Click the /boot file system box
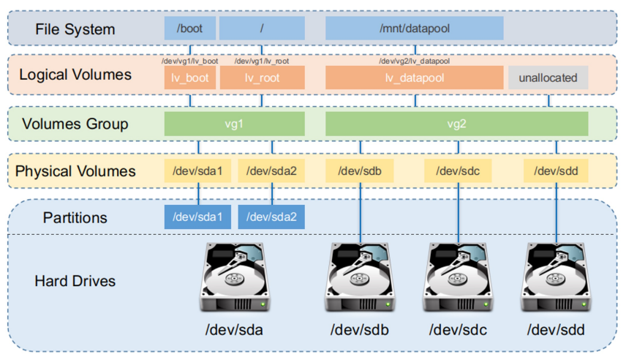click(x=190, y=29)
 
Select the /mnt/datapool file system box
click(x=414, y=29)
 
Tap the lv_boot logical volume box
click(x=190, y=78)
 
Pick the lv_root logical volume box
click(x=262, y=78)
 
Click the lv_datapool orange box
click(x=414, y=78)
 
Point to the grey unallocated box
click(x=548, y=78)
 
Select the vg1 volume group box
click(x=234, y=124)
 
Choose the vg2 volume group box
click(x=456, y=124)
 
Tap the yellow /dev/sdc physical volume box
click(x=458, y=171)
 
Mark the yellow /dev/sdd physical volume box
click(x=556, y=171)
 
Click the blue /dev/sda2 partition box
click(x=272, y=217)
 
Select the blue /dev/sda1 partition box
click(x=198, y=217)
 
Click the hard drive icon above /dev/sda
click(x=235, y=278)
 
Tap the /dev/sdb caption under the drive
click(x=360, y=330)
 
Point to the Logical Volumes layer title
click(x=75, y=75)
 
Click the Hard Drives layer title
click(x=75, y=281)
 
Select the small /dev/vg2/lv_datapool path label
click(x=414, y=61)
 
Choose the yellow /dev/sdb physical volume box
click(x=361, y=171)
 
